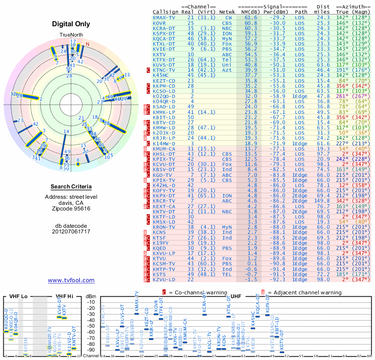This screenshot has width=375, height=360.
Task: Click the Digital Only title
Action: coord(71,24)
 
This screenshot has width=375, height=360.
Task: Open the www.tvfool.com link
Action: coord(71,280)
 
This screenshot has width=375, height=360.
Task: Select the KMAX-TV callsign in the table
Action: coord(165,17)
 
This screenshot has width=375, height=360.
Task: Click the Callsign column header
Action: coord(166,12)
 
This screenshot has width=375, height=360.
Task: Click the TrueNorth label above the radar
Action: coord(70,35)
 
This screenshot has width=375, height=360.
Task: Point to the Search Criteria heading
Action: coord(71,187)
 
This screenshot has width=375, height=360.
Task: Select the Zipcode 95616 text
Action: coord(71,209)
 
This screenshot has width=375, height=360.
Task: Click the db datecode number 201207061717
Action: coord(71,232)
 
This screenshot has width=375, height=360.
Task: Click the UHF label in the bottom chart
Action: coord(237,296)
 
